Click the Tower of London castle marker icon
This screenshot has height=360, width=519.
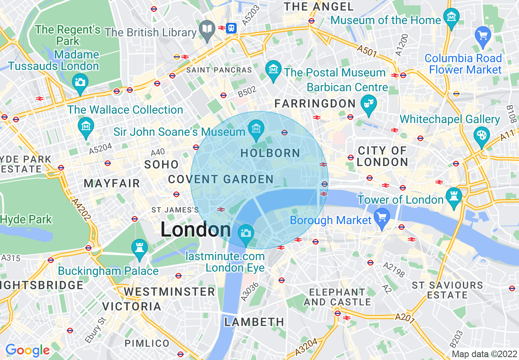pyautogui.click(x=454, y=195)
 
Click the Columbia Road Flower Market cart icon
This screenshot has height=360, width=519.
pyautogui.click(x=483, y=35)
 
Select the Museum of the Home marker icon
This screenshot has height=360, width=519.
pyautogui.click(x=451, y=18)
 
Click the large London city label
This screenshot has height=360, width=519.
pyautogui.click(x=195, y=229)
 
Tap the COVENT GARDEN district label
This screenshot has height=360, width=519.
pyautogui.click(x=221, y=179)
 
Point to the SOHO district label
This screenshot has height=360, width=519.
pyautogui.click(x=161, y=164)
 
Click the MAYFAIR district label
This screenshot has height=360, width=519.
pyautogui.click(x=112, y=183)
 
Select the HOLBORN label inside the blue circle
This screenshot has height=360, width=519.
pyautogui.click(x=270, y=153)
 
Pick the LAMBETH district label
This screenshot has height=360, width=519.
pyautogui.click(x=254, y=322)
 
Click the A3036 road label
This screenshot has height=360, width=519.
pyautogui.click(x=250, y=292)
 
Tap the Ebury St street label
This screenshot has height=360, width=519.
pyautogui.click(x=95, y=330)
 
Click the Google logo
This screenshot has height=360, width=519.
pyautogui.click(x=27, y=350)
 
